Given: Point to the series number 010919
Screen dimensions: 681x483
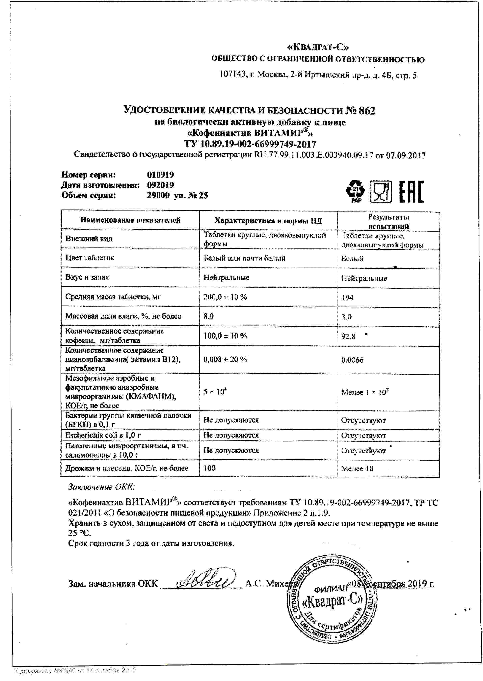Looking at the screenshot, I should [160, 175].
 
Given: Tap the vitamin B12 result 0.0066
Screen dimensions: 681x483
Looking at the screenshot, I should [352, 360].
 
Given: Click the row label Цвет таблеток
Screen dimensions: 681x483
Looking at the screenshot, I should [90, 258].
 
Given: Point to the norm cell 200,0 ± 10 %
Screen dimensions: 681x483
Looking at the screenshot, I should [225, 297].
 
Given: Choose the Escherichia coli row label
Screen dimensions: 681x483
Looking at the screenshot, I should [103, 435].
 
